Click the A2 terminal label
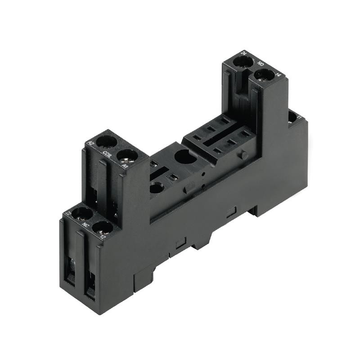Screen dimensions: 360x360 pos(90,143)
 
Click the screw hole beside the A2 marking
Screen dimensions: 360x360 pos(106,141)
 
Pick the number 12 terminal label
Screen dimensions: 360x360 pos(103,236)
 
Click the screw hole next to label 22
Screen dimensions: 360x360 pos(81,213)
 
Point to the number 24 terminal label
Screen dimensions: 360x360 pos(244,53)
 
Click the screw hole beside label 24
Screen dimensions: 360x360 pos(243,62)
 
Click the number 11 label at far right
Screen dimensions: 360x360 pos(299,118)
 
